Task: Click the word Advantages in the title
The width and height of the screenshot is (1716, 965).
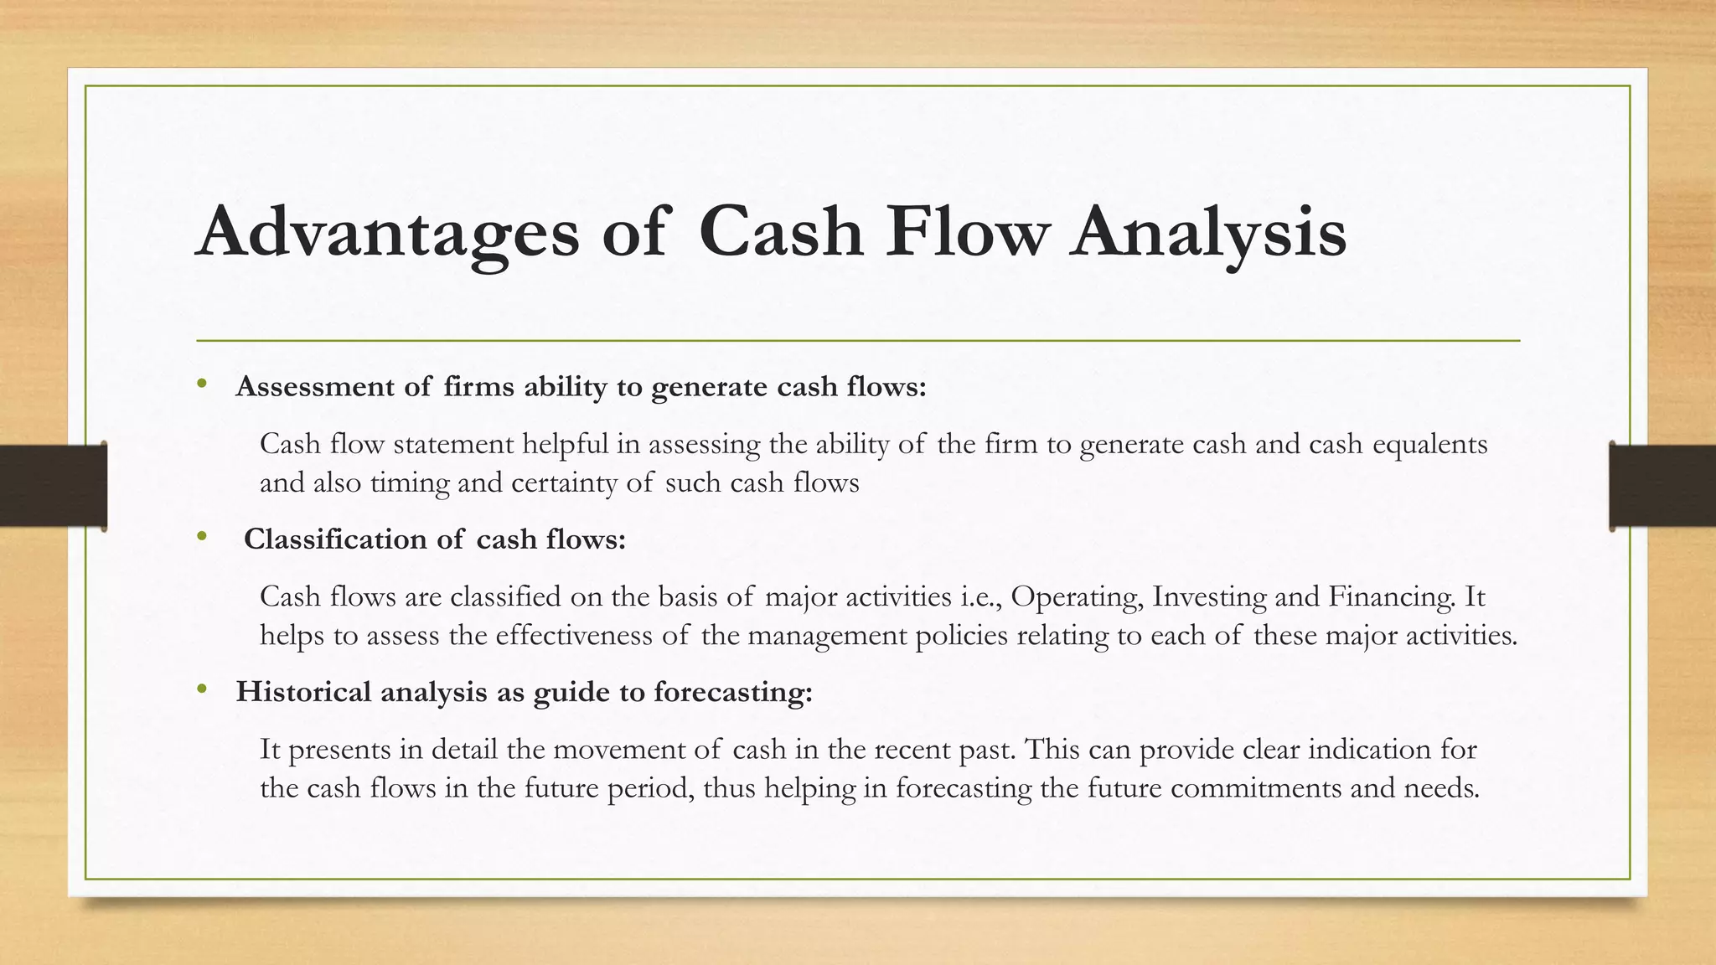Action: [387, 232]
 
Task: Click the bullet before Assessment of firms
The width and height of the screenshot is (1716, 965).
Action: [201, 384]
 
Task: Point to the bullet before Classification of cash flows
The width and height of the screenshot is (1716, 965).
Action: [201, 537]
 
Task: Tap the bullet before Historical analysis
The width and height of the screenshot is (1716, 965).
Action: [201, 689]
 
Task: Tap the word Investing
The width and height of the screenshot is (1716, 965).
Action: [1209, 596]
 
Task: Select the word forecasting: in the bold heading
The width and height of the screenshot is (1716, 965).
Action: [733, 693]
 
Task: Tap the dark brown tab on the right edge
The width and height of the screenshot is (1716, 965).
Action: [1662, 486]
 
